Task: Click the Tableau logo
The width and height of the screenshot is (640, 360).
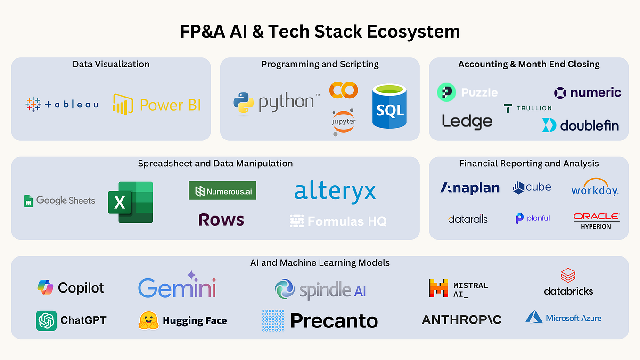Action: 62,104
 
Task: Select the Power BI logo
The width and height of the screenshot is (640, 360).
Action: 157,104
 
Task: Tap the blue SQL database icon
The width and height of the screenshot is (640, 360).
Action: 389,106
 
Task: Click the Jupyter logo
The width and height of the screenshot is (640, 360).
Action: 344,122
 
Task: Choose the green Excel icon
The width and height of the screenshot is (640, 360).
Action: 131,202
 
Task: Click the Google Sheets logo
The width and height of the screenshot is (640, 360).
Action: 59,201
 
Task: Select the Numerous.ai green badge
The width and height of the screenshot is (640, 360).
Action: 222,191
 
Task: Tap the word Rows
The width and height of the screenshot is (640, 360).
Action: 221,220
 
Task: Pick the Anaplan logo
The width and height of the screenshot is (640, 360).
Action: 470,188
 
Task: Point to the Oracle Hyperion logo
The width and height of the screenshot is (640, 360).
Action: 596,221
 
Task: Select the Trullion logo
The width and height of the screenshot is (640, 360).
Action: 527,108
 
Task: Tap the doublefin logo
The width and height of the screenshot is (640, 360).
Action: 580,125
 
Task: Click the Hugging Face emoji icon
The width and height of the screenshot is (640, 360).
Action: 148,321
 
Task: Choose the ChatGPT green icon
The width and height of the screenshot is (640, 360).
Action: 46,321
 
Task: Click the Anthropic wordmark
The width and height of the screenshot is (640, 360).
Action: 461,320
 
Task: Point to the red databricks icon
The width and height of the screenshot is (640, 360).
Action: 568,275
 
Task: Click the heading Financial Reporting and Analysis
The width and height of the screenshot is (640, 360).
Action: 529,164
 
